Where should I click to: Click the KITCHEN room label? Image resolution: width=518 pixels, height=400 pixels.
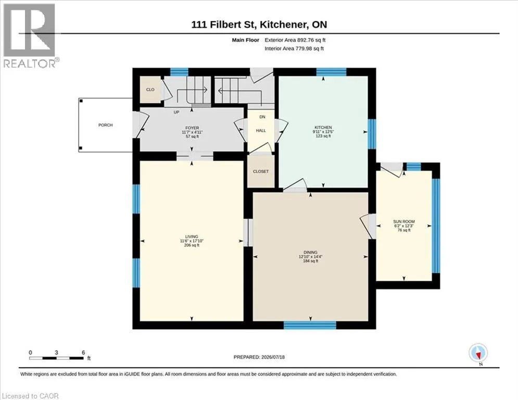[323, 127]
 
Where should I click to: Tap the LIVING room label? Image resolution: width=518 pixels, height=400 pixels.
[192, 236]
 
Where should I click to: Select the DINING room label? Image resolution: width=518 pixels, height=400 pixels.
[310, 252]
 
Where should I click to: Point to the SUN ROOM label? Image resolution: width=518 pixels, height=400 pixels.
[403, 221]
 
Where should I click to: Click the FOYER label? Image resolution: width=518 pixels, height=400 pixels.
[192, 128]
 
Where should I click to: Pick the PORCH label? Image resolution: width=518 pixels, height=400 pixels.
[105, 125]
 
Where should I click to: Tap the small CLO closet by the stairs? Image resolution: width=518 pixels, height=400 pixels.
[150, 90]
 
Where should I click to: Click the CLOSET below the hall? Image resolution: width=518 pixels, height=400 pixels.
[261, 171]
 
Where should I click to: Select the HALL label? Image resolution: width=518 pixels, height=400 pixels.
[261, 131]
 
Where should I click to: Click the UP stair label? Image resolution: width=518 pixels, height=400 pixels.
[176, 112]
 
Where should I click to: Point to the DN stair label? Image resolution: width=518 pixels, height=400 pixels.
[262, 117]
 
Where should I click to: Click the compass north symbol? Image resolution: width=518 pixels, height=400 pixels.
[478, 353]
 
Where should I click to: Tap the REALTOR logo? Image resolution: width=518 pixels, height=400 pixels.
[30, 35]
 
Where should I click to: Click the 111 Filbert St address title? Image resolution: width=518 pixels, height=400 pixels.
[259, 24]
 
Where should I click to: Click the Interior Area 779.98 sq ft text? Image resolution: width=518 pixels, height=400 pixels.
[294, 48]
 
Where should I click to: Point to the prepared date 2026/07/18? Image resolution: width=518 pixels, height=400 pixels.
[273, 357]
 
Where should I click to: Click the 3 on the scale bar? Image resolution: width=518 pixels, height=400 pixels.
[57, 353]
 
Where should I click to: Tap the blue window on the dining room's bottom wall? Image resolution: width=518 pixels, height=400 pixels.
[310, 325]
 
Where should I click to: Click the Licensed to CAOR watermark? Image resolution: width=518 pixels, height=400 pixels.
[30, 396]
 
